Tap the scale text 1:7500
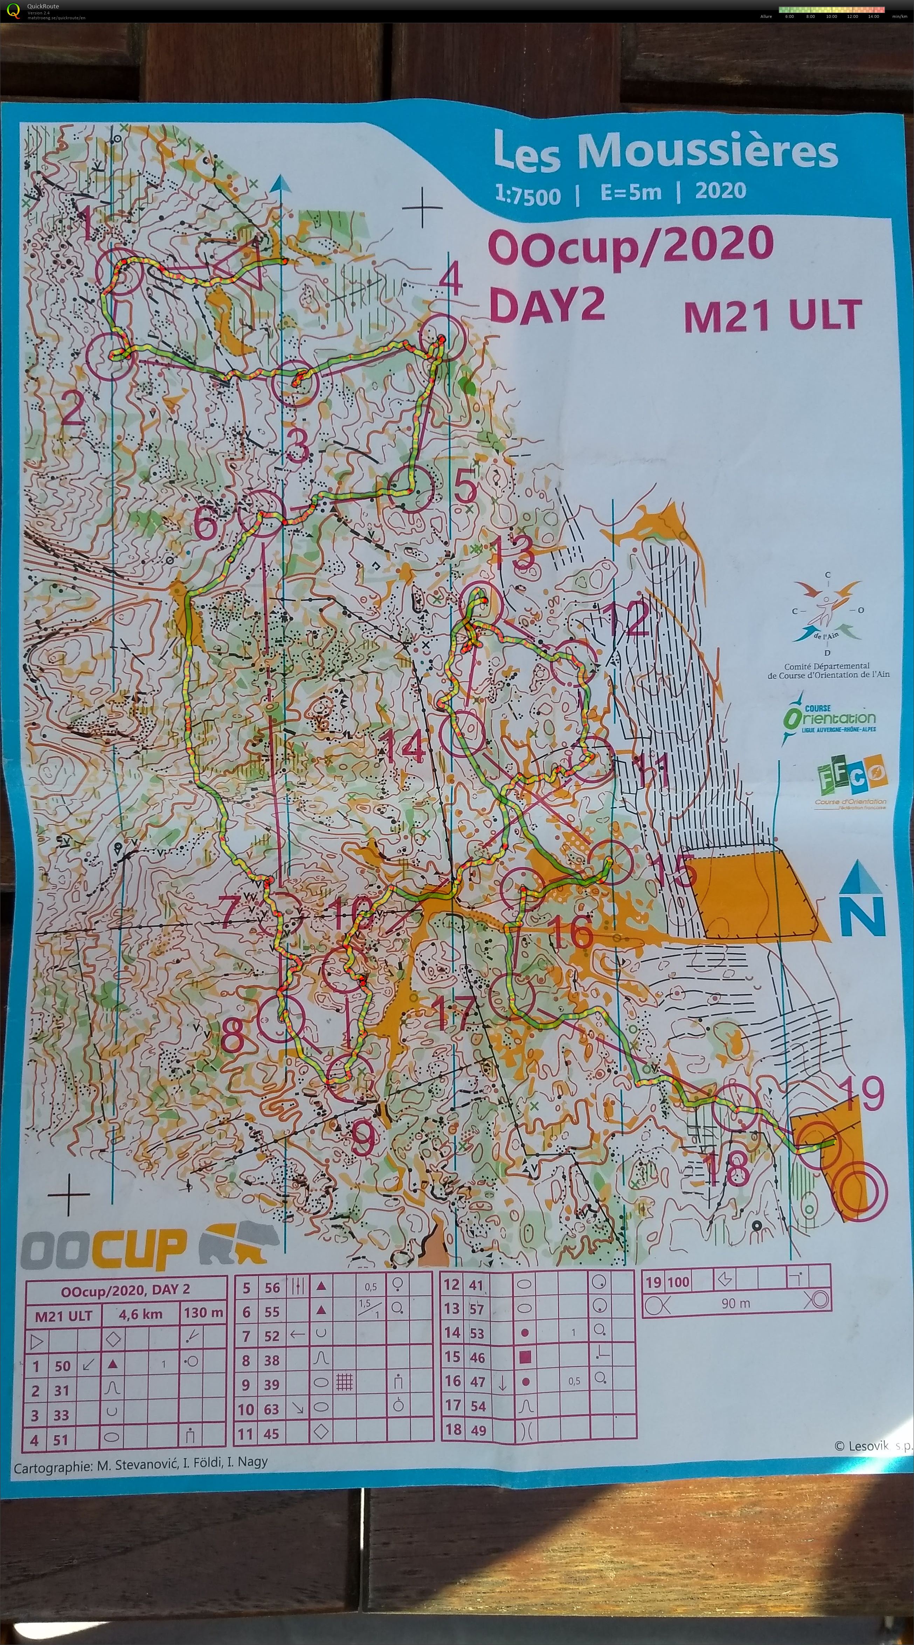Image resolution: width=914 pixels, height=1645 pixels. pos(528,195)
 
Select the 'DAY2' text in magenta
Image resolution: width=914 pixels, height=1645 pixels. pos(546,305)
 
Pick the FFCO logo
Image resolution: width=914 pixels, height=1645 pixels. pos(851,776)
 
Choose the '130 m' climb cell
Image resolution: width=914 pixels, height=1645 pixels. pos(203,1313)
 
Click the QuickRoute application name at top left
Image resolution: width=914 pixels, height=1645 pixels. pos(43,6)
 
